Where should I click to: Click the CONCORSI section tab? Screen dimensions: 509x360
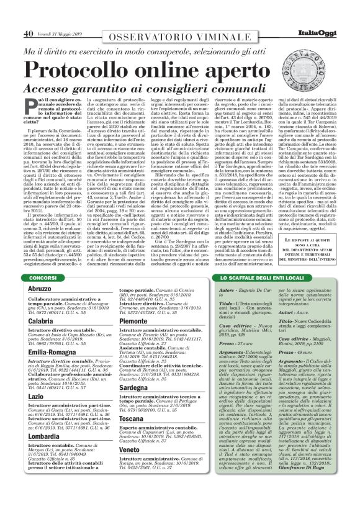click(x=43, y=277)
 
